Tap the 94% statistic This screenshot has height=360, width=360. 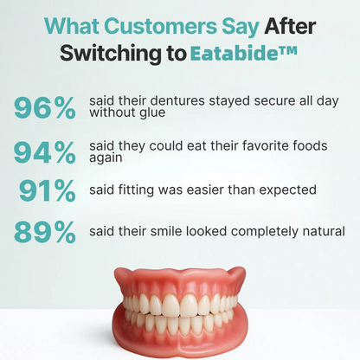(45, 152)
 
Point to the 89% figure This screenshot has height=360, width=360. (45, 232)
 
